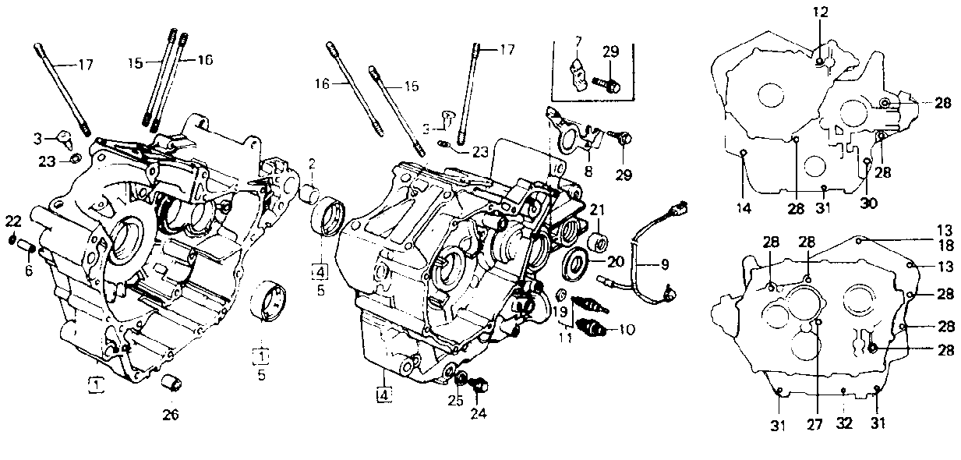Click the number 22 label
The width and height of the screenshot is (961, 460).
[13, 222]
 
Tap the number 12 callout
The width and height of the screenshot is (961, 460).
[820, 12]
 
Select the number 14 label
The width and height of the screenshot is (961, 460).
[744, 208]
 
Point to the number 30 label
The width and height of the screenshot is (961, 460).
[869, 203]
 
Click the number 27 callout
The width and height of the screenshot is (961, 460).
[814, 425]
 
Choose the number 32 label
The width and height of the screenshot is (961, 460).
[844, 424]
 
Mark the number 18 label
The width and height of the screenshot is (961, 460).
[946, 246]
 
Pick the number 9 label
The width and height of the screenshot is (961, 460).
[664, 264]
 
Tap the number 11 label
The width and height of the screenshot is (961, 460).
[565, 338]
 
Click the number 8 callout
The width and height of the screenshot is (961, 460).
[588, 172]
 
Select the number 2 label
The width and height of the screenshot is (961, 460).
[312, 164]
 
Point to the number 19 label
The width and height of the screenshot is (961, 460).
[560, 312]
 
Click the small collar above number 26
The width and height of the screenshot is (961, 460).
[171, 382]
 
